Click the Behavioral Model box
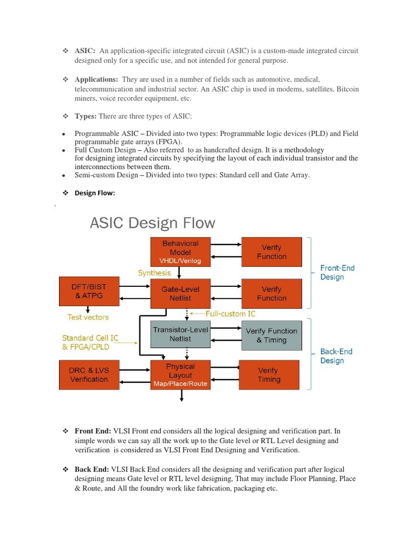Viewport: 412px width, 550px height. (x=180, y=251)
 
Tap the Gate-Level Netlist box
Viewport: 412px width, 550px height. (x=180, y=293)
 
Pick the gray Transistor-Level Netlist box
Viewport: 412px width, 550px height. (x=180, y=334)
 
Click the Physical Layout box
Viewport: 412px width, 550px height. (x=180, y=375)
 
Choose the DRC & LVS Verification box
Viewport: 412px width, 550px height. (x=89, y=375)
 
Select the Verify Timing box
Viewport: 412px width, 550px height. (x=269, y=375)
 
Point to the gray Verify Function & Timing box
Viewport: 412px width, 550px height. (x=271, y=335)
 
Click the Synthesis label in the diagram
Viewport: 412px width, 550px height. (x=154, y=273)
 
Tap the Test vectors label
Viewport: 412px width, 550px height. (x=89, y=317)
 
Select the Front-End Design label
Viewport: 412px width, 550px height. (x=337, y=272)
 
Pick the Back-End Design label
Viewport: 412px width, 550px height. (x=336, y=356)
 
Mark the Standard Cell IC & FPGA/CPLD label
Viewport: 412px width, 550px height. (x=90, y=343)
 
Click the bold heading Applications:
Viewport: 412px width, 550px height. (x=96, y=79)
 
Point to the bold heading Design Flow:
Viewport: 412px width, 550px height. (x=94, y=193)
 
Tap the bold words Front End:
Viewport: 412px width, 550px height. (x=93, y=431)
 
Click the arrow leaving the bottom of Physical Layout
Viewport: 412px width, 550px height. (x=182, y=396)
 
